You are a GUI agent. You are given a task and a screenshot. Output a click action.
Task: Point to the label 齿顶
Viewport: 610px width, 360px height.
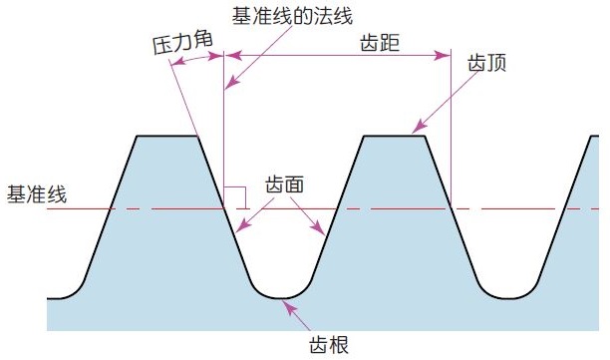point(486,62)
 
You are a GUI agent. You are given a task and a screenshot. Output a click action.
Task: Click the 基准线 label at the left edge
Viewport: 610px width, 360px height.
point(37,193)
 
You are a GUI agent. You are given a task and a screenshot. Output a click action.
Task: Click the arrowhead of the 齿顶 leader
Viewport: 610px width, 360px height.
point(417,130)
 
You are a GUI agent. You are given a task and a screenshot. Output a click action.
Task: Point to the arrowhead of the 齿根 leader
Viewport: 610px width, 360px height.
point(288,307)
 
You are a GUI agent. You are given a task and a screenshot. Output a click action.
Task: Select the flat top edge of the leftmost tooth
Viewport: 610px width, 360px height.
point(166,136)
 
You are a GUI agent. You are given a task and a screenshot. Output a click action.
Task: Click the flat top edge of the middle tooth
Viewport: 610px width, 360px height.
point(393,136)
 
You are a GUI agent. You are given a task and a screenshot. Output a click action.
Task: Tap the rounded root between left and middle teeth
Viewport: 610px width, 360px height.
point(281,297)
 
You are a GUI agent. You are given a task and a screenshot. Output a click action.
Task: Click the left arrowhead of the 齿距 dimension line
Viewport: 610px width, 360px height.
point(230,57)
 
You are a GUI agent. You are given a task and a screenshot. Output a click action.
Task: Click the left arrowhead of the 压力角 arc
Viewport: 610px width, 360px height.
point(173,65)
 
